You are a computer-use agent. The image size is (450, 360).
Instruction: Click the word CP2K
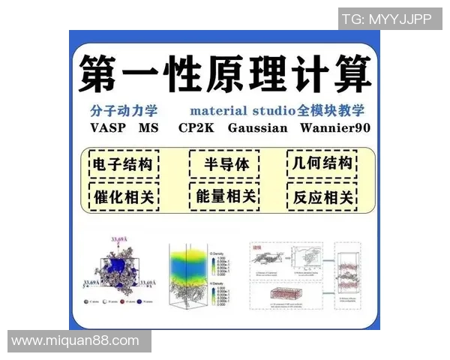click(x=196, y=127)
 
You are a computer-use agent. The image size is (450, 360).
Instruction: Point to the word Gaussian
click(x=257, y=127)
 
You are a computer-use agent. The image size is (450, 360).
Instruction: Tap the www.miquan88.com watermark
click(x=76, y=340)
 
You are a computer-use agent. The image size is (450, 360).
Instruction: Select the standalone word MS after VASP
click(x=149, y=127)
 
